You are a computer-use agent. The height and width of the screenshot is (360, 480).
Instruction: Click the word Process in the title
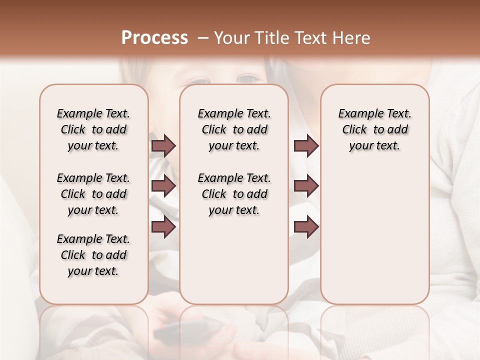point(154,37)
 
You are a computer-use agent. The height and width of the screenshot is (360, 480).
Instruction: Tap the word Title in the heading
point(271,38)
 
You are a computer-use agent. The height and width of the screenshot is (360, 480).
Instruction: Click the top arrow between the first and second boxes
point(163,146)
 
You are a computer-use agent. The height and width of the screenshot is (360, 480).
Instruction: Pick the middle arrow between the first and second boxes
point(163,186)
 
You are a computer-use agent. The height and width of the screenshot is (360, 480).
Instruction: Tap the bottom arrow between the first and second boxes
point(163,227)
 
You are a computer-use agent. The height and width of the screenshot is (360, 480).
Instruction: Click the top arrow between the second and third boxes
point(306,146)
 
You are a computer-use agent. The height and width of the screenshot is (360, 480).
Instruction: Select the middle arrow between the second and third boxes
point(306,186)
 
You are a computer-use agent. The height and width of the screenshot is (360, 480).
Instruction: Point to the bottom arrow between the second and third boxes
point(306,227)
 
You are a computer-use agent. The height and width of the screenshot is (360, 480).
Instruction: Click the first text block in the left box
point(93,129)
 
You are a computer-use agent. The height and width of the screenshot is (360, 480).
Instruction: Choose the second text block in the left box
point(93,194)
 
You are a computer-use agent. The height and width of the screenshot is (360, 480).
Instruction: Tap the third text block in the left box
point(93,255)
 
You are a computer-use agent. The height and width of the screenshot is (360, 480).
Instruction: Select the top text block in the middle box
point(234,129)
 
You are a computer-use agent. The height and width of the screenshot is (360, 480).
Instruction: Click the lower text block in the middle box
point(234,194)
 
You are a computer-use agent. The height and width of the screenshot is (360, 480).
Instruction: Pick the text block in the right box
point(375,129)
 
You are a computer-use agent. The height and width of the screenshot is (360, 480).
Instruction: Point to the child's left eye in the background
point(248,78)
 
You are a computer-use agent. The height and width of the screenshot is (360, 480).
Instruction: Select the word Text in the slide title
point(311,38)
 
